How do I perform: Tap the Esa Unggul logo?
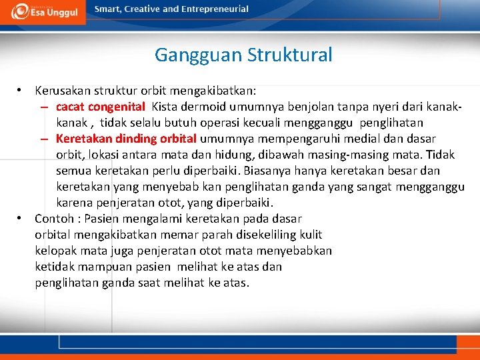[43, 11]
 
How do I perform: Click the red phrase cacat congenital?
[100, 106]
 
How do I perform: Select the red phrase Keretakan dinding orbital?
[126, 139]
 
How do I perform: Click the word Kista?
[165, 106]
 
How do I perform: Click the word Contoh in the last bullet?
[54, 219]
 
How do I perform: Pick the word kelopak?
[55, 251]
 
